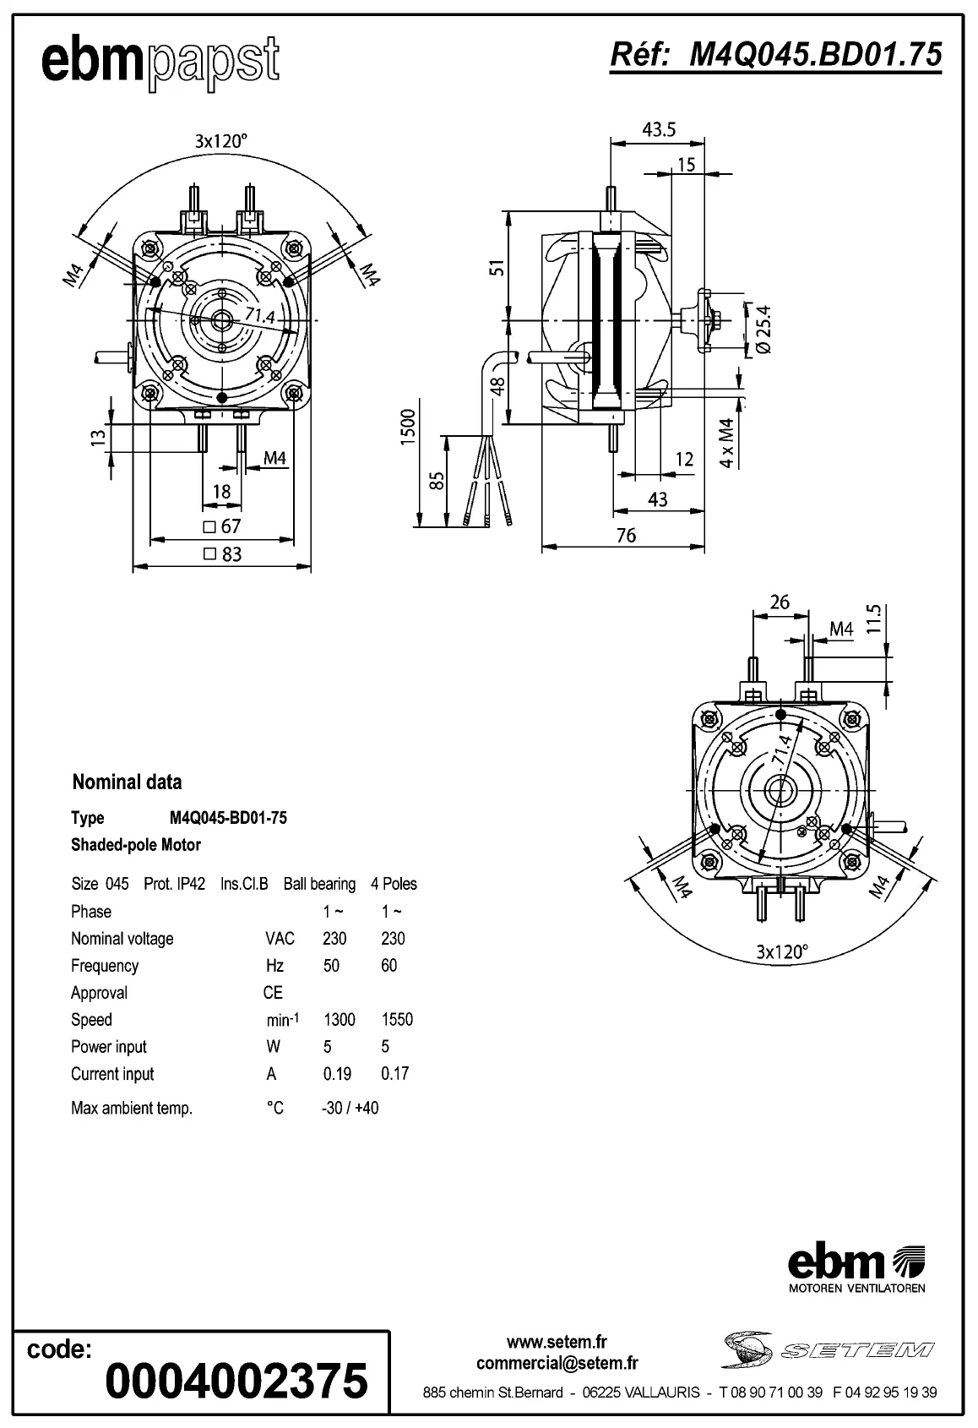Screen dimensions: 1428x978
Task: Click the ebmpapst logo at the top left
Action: pos(160,62)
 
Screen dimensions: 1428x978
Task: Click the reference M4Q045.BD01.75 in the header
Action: pos(775,55)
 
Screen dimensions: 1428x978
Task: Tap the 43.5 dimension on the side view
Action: pos(659,129)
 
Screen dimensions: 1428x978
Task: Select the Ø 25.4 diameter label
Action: pos(763,330)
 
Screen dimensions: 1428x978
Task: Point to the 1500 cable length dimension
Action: pos(408,428)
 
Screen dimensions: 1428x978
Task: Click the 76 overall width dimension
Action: pos(626,536)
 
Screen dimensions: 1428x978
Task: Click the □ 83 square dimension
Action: pos(223,554)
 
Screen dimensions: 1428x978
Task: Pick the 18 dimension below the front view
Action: pos(221,492)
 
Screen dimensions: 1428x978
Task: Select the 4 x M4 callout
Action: pos(726,443)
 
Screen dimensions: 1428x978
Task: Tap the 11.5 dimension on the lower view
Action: pos(873,619)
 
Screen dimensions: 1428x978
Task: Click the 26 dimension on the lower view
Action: pos(780,602)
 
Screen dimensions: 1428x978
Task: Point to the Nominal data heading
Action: pos(127,782)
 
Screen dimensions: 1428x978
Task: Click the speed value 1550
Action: pos(397,1019)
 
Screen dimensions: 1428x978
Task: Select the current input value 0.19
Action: pos(337,1073)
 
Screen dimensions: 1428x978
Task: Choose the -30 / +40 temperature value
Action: pos(350,1108)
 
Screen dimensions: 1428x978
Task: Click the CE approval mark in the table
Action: pos(273,992)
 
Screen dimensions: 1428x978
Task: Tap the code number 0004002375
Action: pos(236,1380)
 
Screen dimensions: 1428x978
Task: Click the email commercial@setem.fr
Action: pos(557,1362)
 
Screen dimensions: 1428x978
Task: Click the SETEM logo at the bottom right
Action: pos(828,1350)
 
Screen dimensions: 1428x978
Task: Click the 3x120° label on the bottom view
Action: pos(781,951)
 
